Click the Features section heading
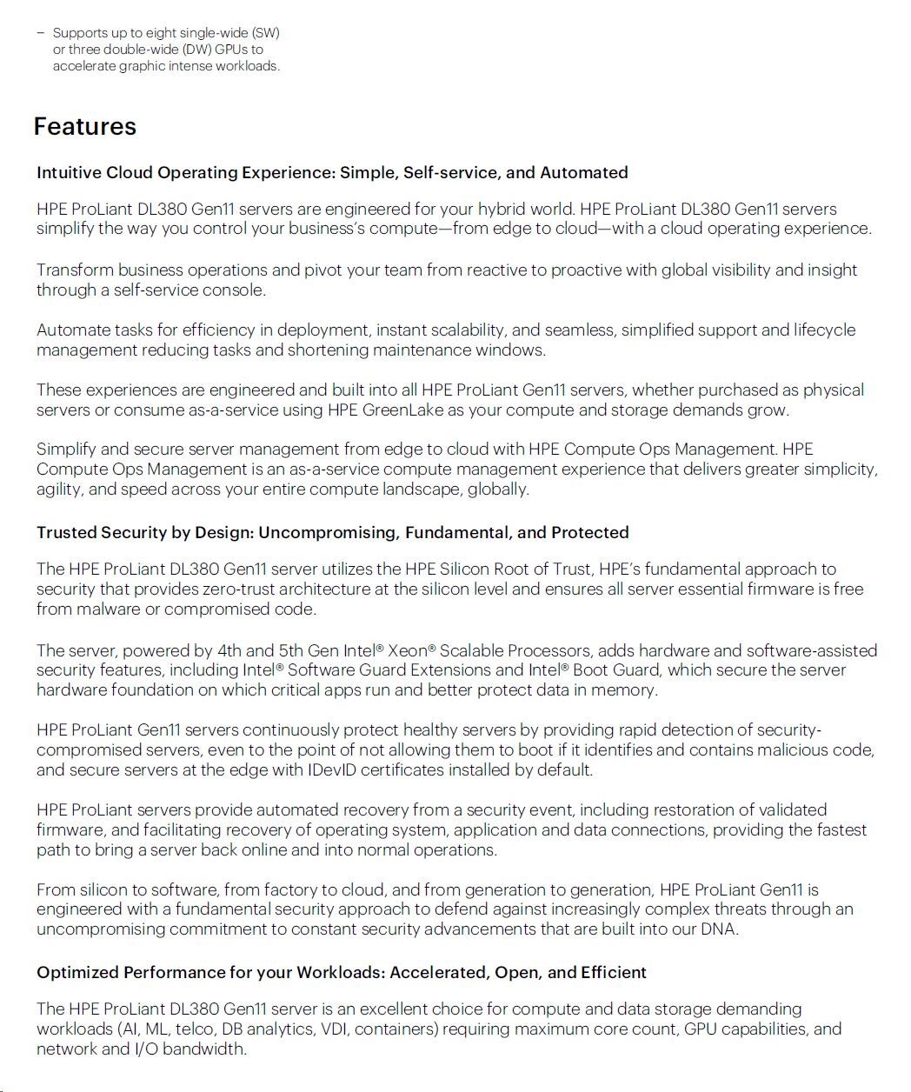point(84,126)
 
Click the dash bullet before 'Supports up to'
point(40,33)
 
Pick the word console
point(235,290)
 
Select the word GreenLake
point(396,410)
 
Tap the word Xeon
point(407,650)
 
